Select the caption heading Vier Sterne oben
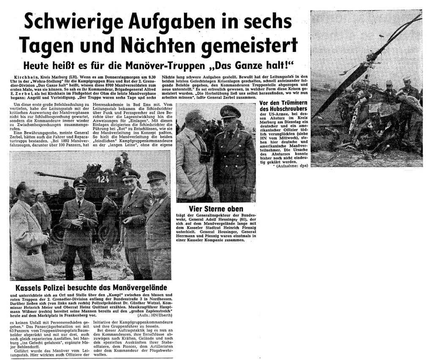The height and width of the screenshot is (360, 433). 216,209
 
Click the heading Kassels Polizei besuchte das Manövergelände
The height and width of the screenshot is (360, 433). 90,288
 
